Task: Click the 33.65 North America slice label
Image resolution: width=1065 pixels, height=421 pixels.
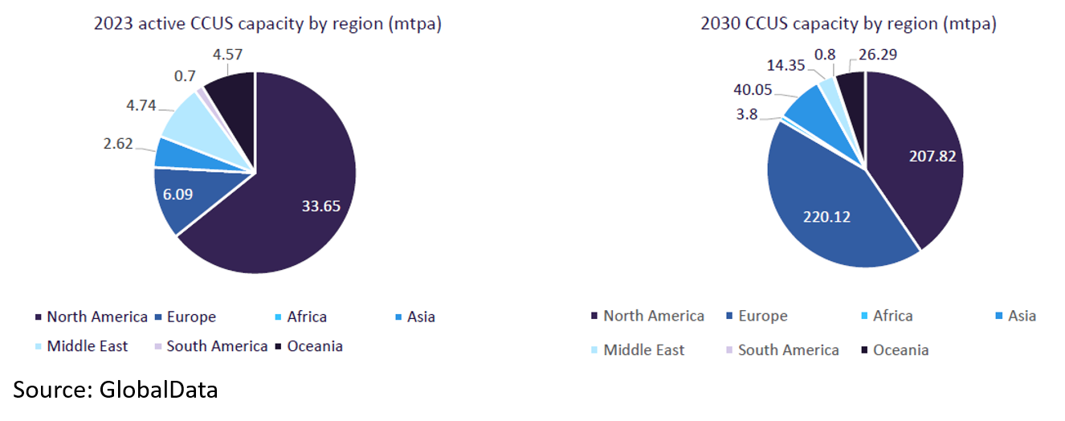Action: tap(320, 206)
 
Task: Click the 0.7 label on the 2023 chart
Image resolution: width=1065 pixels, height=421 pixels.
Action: tap(186, 76)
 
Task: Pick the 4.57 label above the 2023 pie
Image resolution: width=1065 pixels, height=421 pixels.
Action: tap(228, 55)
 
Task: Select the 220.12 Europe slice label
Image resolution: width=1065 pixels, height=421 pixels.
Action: tap(826, 215)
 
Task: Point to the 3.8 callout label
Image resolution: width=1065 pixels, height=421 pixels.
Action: tap(748, 114)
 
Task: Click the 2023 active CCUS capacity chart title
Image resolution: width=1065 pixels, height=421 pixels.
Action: tap(267, 24)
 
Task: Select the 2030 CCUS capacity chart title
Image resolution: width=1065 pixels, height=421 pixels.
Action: tap(848, 24)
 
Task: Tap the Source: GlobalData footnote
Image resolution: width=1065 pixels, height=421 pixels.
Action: tap(115, 390)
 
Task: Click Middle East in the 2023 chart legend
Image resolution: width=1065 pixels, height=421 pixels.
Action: tap(87, 346)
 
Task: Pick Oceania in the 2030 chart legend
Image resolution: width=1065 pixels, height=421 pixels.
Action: tap(900, 349)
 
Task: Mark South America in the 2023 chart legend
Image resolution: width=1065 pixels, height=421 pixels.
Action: tap(217, 346)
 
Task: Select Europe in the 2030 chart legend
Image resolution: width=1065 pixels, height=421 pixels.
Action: tap(762, 316)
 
